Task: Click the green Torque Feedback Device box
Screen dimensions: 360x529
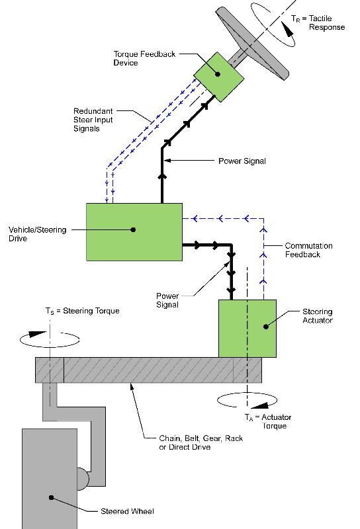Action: coord(219,77)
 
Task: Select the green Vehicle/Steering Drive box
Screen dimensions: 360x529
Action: coord(134,232)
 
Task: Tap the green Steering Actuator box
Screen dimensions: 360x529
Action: coord(247,328)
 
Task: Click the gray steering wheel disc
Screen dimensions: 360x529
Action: coord(252,43)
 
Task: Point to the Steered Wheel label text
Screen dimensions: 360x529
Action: coord(127,511)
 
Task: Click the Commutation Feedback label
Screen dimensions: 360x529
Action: coord(308,250)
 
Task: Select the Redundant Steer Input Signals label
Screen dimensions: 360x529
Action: coord(93,120)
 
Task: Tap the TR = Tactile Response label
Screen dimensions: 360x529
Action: coord(318,22)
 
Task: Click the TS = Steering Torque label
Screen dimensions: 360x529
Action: coord(83,311)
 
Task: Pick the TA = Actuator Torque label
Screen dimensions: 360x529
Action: coord(268,421)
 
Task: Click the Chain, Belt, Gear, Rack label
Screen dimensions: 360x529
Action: coord(201,438)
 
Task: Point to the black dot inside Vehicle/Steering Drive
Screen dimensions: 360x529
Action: coord(133,229)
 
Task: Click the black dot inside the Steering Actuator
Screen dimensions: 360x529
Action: coord(266,327)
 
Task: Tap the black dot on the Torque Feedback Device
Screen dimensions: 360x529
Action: coord(218,74)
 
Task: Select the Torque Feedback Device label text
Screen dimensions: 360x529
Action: coord(144,58)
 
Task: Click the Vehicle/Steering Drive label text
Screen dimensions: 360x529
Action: coord(37,234)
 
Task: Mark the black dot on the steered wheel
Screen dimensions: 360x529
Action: coord(52,497)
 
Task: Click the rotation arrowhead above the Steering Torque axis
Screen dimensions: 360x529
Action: coord(36,334)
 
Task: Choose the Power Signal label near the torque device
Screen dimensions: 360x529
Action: coord(242,161)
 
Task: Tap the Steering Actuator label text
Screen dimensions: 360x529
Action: coord(318,316)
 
